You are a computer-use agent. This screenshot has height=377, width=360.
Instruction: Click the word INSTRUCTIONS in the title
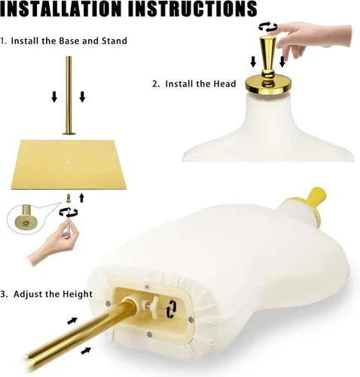pyautogui.click(x=193, y=9)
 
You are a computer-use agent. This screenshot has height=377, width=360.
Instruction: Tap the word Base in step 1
pyautogui.click(x=69, y=41)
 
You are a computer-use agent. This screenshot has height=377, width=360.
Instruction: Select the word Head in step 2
pyautogui.click(x=224, y=84)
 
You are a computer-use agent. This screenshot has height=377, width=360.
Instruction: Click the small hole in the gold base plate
pyautogui.click(x=68, y=161)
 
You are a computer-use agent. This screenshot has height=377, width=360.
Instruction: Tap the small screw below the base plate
pyautogui.click(x=68, y=198)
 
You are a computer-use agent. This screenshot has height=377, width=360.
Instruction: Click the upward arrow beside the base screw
pyautogui.click(x=81, y=198)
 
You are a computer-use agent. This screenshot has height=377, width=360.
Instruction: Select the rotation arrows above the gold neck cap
pyautogui.click(x=268, y=26)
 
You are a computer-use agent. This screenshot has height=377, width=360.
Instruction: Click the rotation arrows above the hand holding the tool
pyautogui.click(x=69, y=213)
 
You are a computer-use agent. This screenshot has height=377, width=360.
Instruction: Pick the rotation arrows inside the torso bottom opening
pyautogui.click(x=172, y=309)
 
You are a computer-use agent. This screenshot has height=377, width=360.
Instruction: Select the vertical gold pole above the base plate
pyautogui.click(x=69, y=96)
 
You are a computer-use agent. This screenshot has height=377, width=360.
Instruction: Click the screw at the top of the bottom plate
pyautogui.click(x=147, y=287)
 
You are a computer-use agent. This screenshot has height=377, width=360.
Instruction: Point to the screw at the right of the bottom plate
pyautogui.click(x=191, y=320)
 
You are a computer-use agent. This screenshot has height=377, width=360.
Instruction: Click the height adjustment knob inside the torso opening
pyautogui.click(x=154, y=306)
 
